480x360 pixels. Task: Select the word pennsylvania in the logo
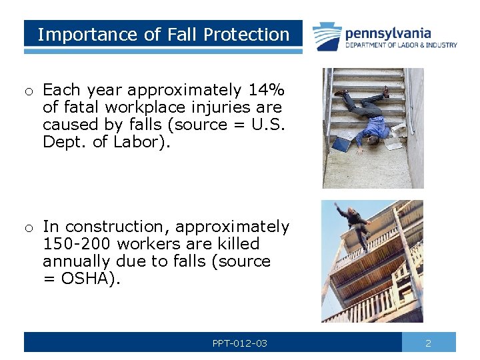388,33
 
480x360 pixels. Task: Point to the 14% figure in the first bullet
266,90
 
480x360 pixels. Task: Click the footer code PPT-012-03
239,343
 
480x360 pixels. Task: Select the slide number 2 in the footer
428,343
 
